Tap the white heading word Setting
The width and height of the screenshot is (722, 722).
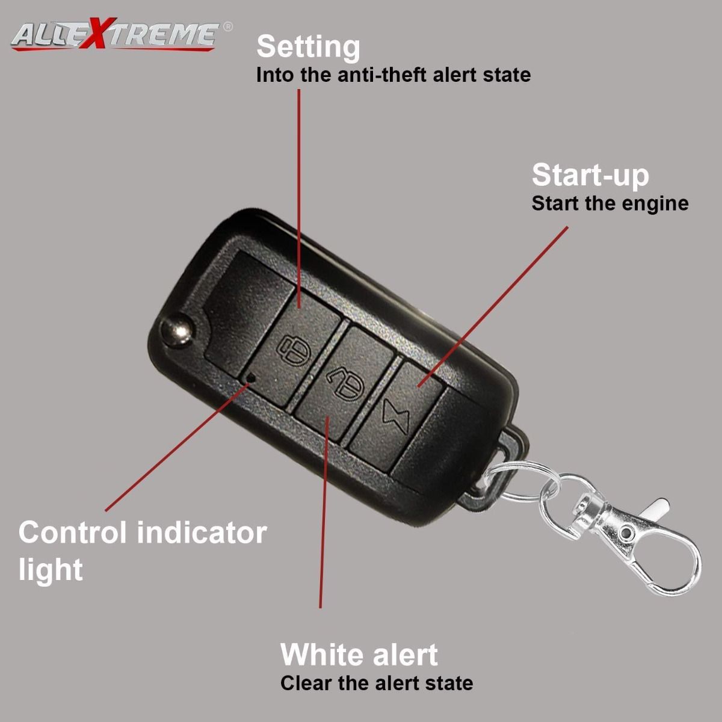pos(308,48)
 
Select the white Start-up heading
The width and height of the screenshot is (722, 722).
pos(590,175)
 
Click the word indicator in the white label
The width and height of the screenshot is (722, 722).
pos(202,532)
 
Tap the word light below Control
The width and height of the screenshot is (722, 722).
pos(51,570)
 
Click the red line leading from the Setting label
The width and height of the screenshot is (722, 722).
pos(299,199)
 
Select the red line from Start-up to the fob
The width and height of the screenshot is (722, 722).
pos(493,306)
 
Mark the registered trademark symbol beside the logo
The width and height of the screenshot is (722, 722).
pos(227,26)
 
